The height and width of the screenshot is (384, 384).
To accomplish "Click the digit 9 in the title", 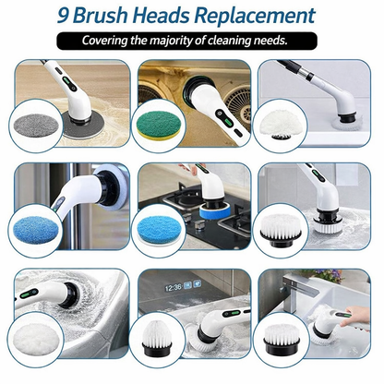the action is pos(64,16).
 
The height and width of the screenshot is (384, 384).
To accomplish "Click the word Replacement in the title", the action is pos(255,16).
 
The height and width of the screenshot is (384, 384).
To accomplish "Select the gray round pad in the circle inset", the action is pos(36,126).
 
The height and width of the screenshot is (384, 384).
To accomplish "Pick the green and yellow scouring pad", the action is pos(158,126).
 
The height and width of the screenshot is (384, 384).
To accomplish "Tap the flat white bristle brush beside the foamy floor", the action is pos(281,230).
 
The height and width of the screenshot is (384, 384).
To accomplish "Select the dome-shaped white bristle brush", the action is pos(156,338).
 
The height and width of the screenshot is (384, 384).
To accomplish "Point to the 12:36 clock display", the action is pos(174,288).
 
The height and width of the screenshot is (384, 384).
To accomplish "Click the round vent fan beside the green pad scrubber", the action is pos(237,102).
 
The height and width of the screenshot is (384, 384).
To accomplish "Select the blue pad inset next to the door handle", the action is pos(36,229).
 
